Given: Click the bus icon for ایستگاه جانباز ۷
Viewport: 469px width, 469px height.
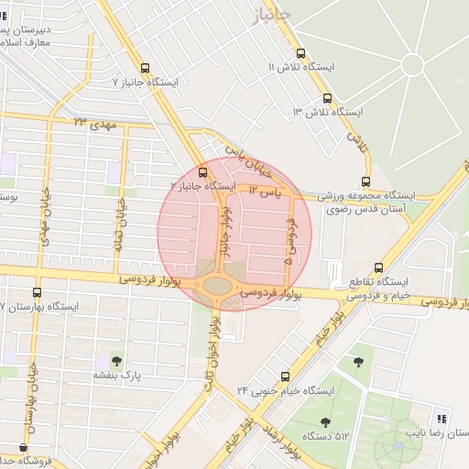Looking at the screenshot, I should point(146,68).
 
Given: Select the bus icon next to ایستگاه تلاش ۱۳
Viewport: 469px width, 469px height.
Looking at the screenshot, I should point(328,98).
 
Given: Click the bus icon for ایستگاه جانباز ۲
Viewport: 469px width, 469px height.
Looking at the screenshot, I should point(202,171).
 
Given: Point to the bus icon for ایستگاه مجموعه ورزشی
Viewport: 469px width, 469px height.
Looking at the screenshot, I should point(366,181).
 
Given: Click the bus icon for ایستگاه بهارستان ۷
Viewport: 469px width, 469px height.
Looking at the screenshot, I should point(37,292).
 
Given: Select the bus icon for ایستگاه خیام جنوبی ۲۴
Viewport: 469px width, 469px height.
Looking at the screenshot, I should point(286,376).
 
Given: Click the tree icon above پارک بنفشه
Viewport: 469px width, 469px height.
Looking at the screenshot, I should point(116,360).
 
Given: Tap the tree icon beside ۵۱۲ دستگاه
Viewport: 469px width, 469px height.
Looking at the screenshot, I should point(325,422).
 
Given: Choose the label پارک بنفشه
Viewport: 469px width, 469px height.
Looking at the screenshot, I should point(115,375).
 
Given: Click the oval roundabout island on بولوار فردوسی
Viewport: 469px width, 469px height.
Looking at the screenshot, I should point(217,286).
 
